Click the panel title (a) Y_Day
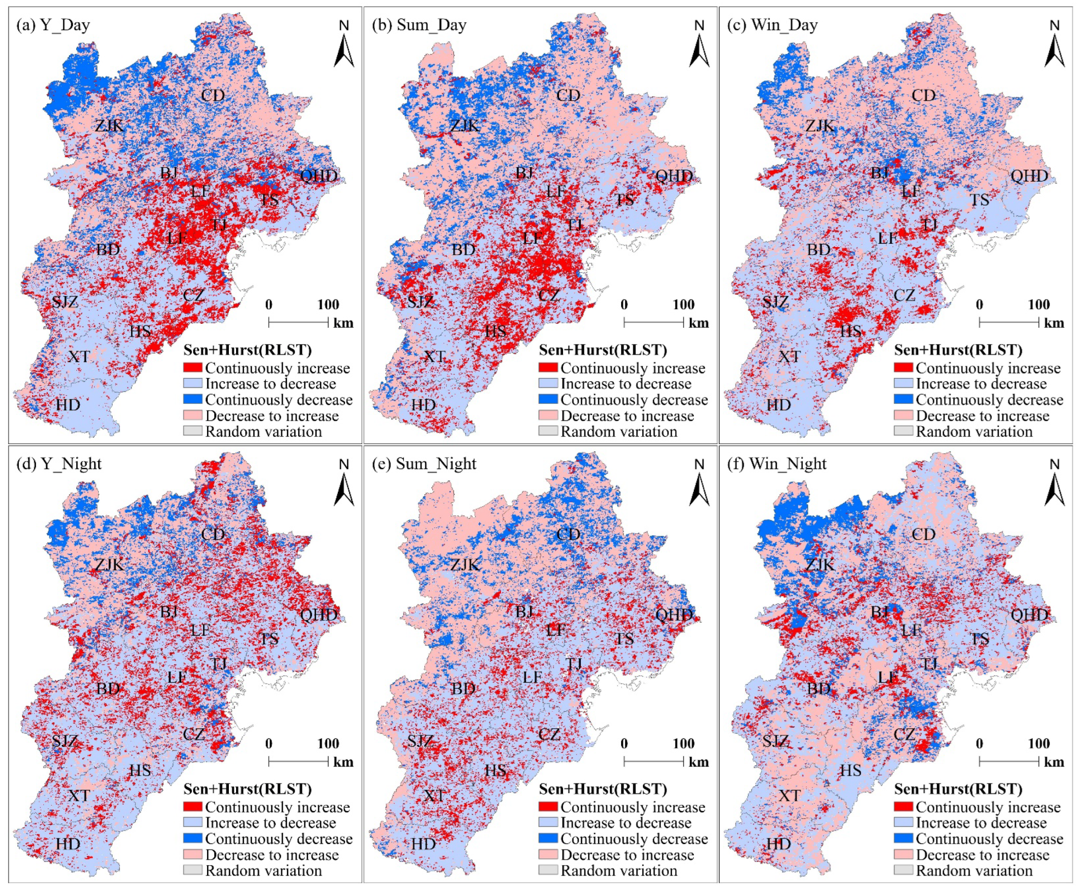coord(53,25)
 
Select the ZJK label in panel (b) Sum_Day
coord(465,125)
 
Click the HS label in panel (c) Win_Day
coord(851,331)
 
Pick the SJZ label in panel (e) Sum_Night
coord(420,741)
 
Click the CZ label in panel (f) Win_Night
coord(904,734)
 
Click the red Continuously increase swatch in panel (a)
coord(192,368)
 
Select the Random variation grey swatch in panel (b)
coord(548,431)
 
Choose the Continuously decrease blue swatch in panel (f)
coord(903,838)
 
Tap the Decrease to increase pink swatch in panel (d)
coord(192,854)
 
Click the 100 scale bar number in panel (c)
coord(1039,304)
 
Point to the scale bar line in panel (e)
coord(653,761)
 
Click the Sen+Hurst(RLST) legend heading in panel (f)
coord(958,789)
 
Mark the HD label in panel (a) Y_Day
coord(68,405)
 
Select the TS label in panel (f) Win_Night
coord(979,639)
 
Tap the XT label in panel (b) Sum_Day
coord(434,356)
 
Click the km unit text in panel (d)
coord(343,762)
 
